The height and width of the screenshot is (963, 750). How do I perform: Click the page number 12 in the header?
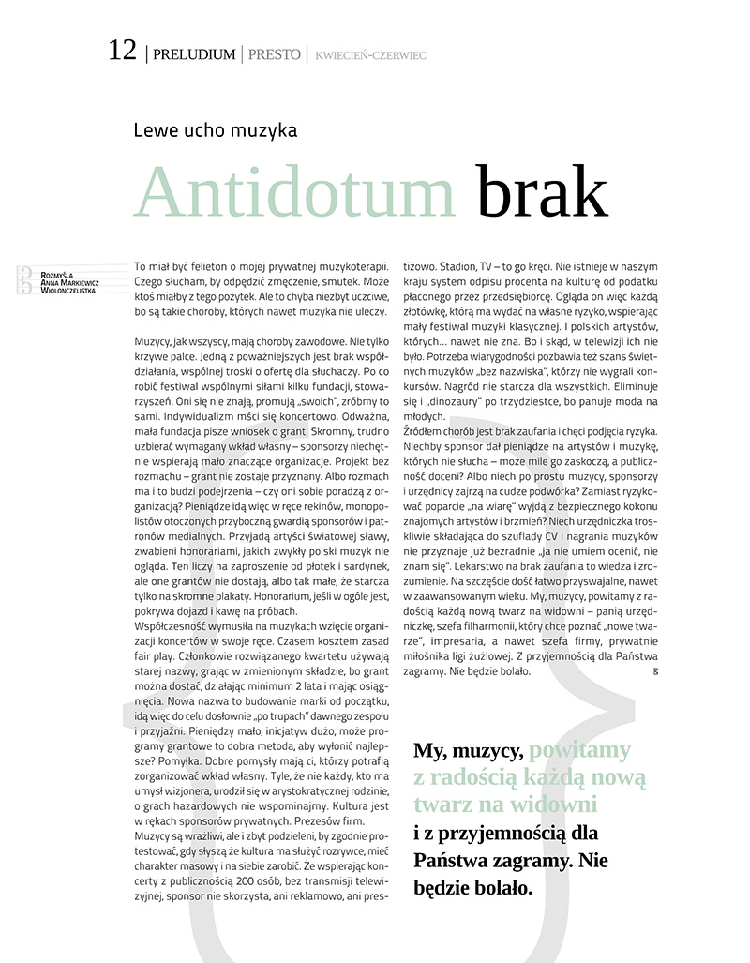(123, 51)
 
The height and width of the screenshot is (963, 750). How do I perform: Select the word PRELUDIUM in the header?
(193, 54)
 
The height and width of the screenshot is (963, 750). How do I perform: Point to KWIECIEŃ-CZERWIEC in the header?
(371, 55)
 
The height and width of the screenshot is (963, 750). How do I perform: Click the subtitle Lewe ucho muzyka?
(216, 129)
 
